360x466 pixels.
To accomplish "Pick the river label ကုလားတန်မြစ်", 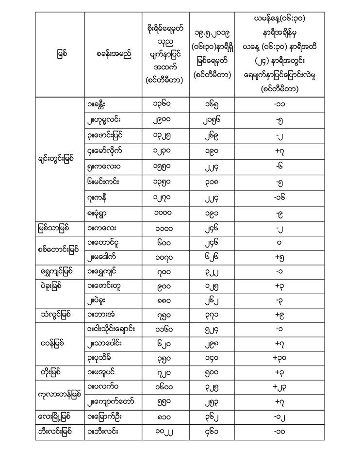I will pyautogui.click(x=59, y=393).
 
